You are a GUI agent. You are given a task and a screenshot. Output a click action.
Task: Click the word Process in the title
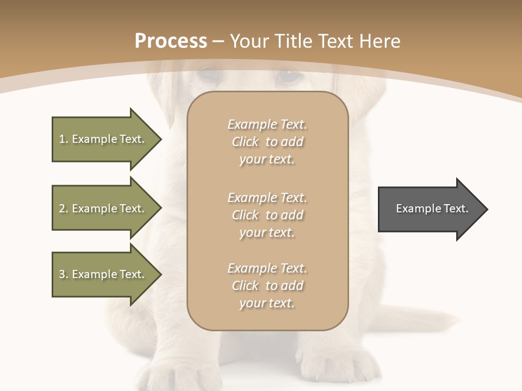click(171, 41)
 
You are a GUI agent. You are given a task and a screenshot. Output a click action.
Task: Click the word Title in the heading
click(294, 41)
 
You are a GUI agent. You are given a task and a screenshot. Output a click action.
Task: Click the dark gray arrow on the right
click(430, 209)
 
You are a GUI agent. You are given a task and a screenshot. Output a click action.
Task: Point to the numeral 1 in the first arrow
click(62, 139)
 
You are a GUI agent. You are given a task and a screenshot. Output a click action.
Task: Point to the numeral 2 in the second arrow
click(62, 209)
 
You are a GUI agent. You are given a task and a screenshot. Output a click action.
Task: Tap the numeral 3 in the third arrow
click(62, 274)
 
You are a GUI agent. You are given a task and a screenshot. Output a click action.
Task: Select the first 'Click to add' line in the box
click(268, 142)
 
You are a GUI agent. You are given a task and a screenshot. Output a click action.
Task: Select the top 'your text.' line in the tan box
click(267, 160)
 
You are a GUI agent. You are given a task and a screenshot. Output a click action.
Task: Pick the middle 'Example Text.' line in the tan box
click(268, 197)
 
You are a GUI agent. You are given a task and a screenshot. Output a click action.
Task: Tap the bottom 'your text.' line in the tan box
click(267, 303)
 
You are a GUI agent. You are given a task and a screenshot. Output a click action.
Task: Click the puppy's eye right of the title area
click(289, 76)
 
